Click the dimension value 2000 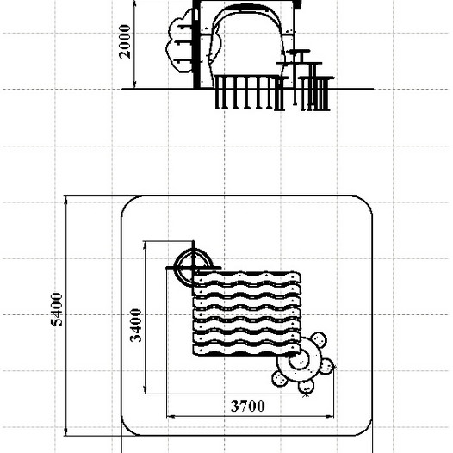[125, 41]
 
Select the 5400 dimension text [57, 310]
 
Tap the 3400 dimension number [136, 326]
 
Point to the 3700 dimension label [247, 406]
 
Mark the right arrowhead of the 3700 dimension [329, 417]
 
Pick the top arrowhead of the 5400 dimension [65, 200]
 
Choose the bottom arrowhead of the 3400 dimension [145, 389]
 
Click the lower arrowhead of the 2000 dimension [134, 84]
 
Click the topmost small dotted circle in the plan [319, 339]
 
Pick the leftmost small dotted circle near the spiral [280, 379]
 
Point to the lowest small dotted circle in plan [306, 386]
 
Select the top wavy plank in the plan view [247, 277]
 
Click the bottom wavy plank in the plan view [246, 350]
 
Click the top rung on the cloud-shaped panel [185, 27]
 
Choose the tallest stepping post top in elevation [299, 51]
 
